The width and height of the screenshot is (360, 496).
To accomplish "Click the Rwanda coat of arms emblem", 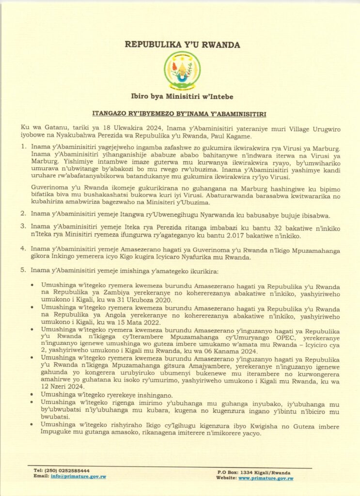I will (x=182, y=71).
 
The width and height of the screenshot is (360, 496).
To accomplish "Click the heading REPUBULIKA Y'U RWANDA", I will (x=183, y=45).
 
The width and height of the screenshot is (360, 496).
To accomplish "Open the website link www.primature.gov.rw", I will (x=266, y=478).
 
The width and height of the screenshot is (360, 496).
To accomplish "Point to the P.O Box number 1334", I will (x=250, y=472).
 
